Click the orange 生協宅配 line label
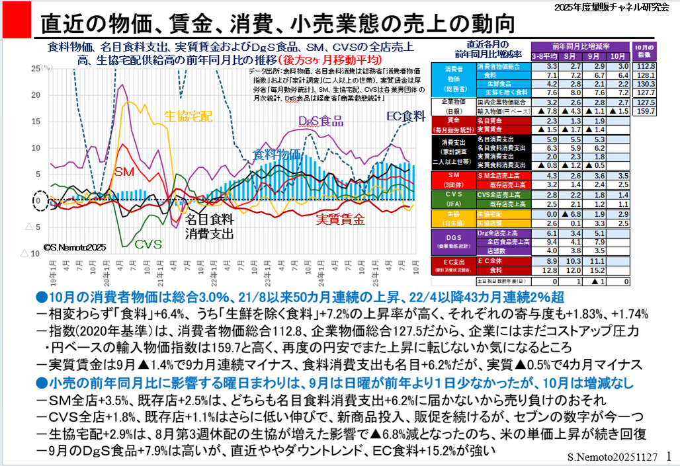[188, 115]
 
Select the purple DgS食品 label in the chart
[321, 121]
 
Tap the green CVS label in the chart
[149, 244]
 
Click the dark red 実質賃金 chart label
[340, 219]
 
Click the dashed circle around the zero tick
[39, 200]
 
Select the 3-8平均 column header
[546, 57]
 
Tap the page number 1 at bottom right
[669, 456]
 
